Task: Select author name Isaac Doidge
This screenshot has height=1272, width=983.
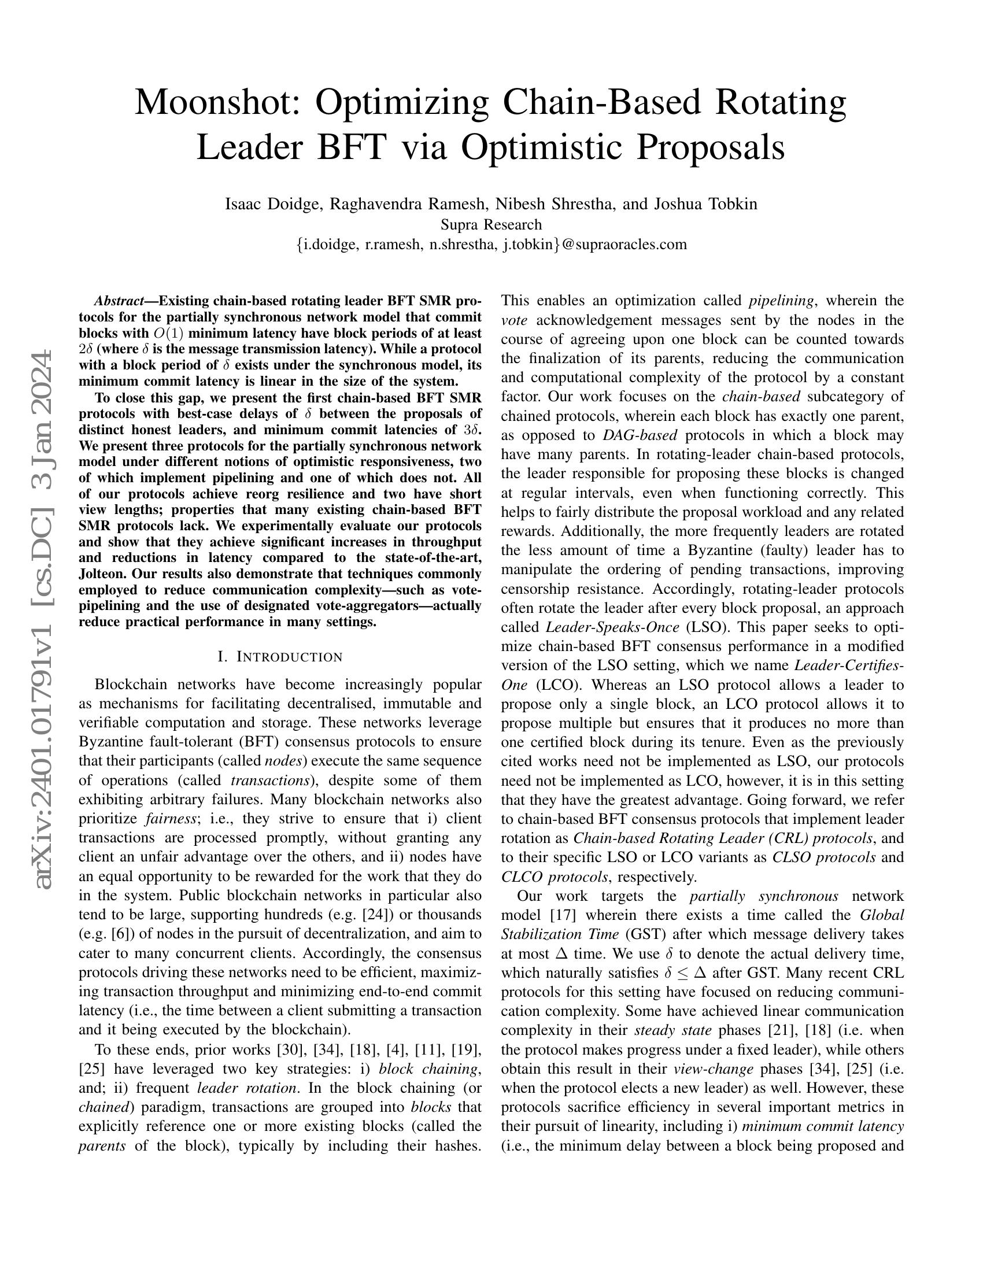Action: click(273, 204)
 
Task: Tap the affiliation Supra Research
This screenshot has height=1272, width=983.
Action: click(491, 224)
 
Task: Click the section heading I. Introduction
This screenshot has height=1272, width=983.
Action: click(279, 657)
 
